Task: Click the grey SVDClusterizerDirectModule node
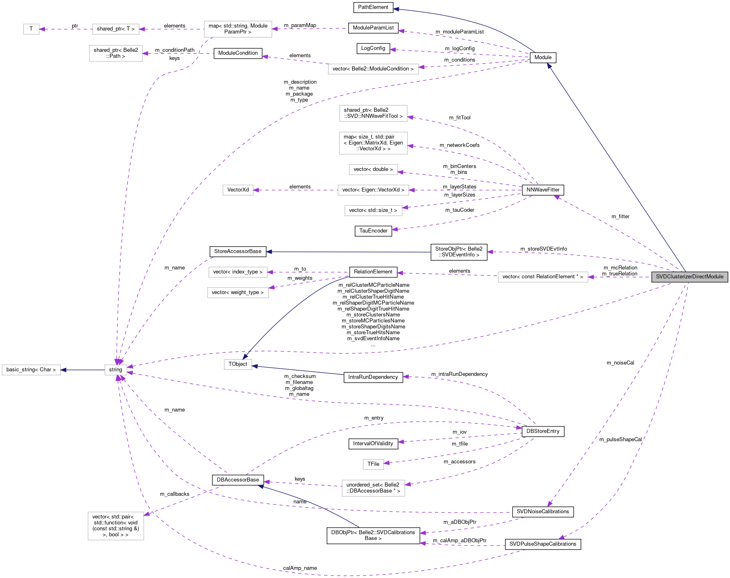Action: pos(689,277)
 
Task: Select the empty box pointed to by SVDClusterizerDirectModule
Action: pos(543,277)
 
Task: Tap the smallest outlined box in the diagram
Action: pos(31,29)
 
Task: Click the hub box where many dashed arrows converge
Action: pos(116,370)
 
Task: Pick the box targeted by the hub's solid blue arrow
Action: pos(31,370)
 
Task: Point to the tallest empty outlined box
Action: pos(116,526)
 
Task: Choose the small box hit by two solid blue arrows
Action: pos(238,365)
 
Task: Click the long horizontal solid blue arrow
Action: pos(349,252)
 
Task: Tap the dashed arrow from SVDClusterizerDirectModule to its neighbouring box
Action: pos(620,277)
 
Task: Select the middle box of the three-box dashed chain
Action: pos(116,29)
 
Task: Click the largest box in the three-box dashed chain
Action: pos(238,29)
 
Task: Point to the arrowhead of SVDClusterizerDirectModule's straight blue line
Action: pos(549,66)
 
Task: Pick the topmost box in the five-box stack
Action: pos(373,113)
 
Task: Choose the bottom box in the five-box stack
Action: pos(373,211)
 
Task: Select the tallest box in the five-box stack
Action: pos(373,143)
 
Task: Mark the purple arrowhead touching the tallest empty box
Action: pos(147,514)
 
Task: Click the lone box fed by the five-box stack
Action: pos(238,190)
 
